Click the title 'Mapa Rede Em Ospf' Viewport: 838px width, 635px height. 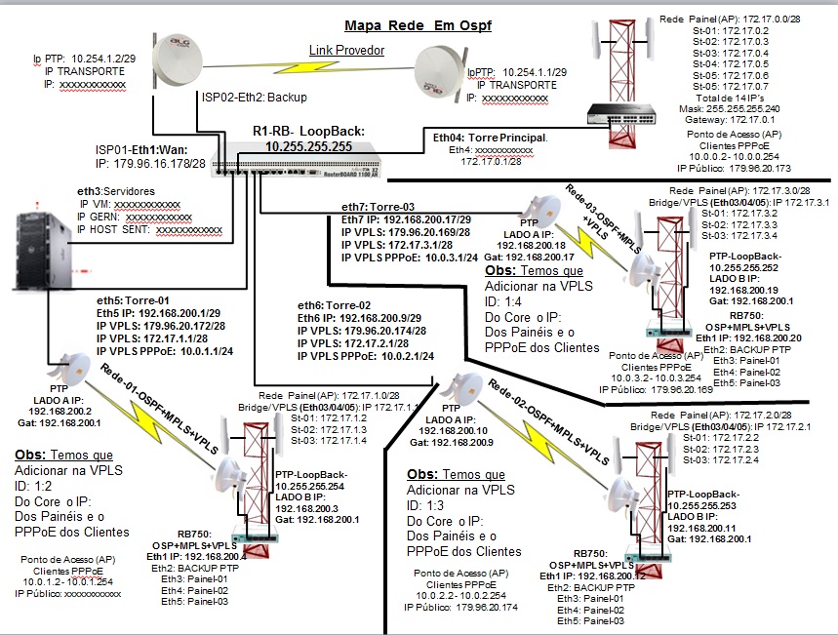pyautogui.click(x=418, y=26)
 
